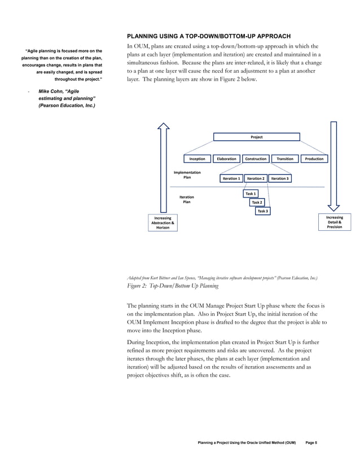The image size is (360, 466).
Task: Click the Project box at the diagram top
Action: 256,137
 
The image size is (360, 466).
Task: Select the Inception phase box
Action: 197,159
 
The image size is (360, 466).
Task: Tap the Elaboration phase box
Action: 226,159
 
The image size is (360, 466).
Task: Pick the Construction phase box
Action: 256,159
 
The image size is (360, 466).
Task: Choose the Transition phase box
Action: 285,159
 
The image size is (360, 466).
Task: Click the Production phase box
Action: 314,159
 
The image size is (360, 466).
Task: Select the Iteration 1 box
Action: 231,178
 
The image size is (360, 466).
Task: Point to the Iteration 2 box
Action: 256,178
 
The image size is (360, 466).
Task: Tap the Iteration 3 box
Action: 280,178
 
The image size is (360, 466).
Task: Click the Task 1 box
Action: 251,194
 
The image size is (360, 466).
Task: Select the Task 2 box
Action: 257,202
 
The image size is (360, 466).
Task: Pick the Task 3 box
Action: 263,211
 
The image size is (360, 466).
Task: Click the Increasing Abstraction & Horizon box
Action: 163,223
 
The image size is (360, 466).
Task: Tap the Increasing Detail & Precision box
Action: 335,222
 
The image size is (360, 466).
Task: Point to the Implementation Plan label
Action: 187,175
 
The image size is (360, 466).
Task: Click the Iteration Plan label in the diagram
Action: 187,199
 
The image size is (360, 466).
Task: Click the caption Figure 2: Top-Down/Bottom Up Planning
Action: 172,286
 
